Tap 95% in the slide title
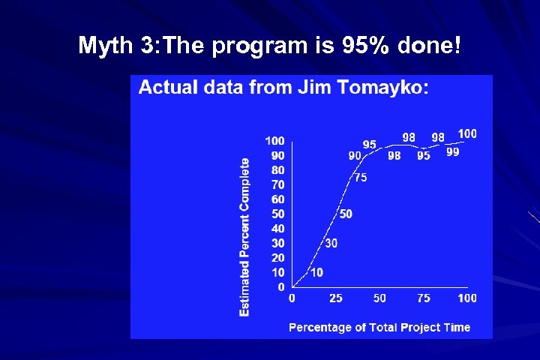(x=368, y=46)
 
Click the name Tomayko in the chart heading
(x=389, y=88)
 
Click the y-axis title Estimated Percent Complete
(x=244, y=236)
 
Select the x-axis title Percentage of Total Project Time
(x=379, y=327)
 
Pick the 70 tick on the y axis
(x=277, y=184)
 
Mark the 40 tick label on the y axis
(x=277, y=229)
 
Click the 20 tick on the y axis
(x=277, y=258)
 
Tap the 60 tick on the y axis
(x=277, y=199)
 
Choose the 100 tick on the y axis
(x=274, y=141)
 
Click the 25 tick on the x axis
(x=336, y=298)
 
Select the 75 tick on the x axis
(x=424, y=298)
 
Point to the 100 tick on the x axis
(x=466, y=298)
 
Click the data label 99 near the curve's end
(x=453, y=151)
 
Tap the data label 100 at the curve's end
(x=466, y=133)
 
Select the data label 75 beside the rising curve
(x=360, y=178)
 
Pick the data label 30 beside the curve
(x=331, y=244)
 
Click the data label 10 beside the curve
(x=316, y=272)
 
